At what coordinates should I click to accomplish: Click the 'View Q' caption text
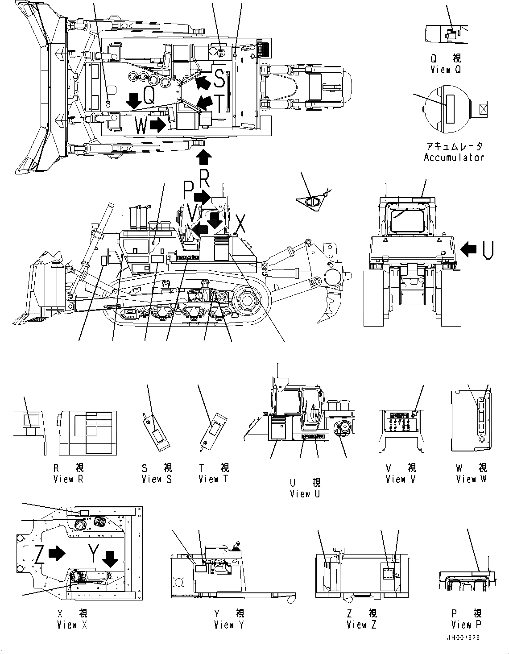(446, 70)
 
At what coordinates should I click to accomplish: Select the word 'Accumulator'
(454, 157)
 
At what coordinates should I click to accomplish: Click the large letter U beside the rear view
(488, 250)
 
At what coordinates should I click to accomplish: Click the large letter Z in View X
(39, 554)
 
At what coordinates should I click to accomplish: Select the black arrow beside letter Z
(56, 554)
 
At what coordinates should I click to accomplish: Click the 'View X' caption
(72, 625)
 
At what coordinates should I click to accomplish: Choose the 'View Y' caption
(229, 625)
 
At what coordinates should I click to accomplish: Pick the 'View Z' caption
(361, 625)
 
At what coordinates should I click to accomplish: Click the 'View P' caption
(466, 625)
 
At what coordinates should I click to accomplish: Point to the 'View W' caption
(472, 479)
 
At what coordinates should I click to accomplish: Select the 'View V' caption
(401, 479)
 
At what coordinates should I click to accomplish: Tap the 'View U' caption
(305, 494)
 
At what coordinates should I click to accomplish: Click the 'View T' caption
(213, 479)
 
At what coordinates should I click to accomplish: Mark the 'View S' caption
(157, 479)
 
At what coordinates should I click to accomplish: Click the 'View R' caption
(68, 479)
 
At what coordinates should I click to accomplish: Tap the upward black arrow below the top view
(204, 157)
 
